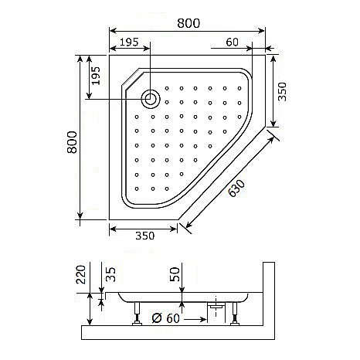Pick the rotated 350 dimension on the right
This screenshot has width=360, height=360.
[283, 93]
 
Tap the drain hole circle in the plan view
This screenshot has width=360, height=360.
[151, 98]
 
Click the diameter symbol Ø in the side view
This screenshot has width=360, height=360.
[157, 317]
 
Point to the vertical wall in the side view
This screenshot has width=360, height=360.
[268, 297]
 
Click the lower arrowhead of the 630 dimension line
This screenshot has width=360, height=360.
[182, 225]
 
